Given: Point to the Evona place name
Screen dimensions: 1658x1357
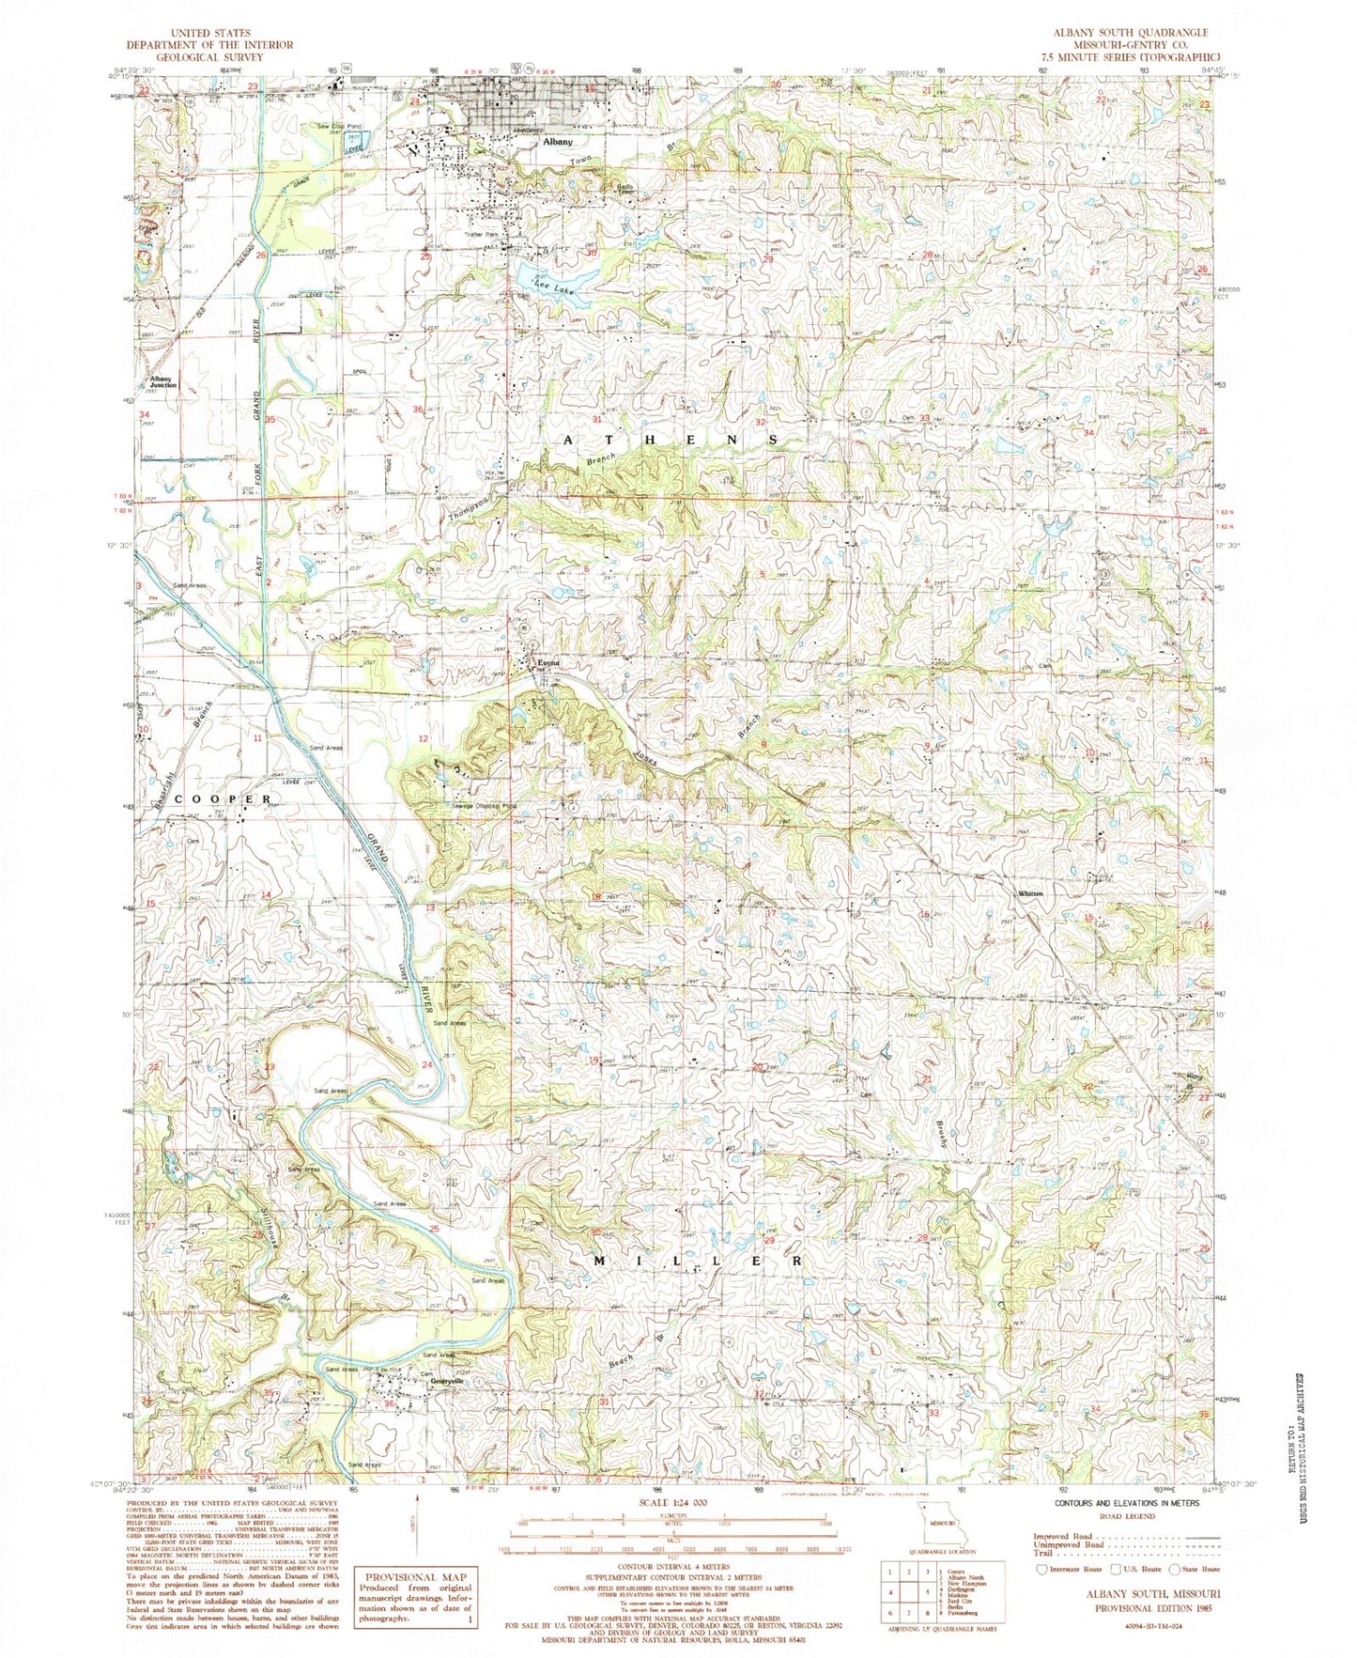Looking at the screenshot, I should point(547,663).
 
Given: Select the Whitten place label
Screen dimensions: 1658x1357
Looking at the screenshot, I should point(1030,893).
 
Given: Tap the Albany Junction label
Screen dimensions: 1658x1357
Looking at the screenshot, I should point(162,381).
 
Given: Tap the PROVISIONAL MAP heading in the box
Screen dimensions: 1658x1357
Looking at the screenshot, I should point(415,1577).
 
